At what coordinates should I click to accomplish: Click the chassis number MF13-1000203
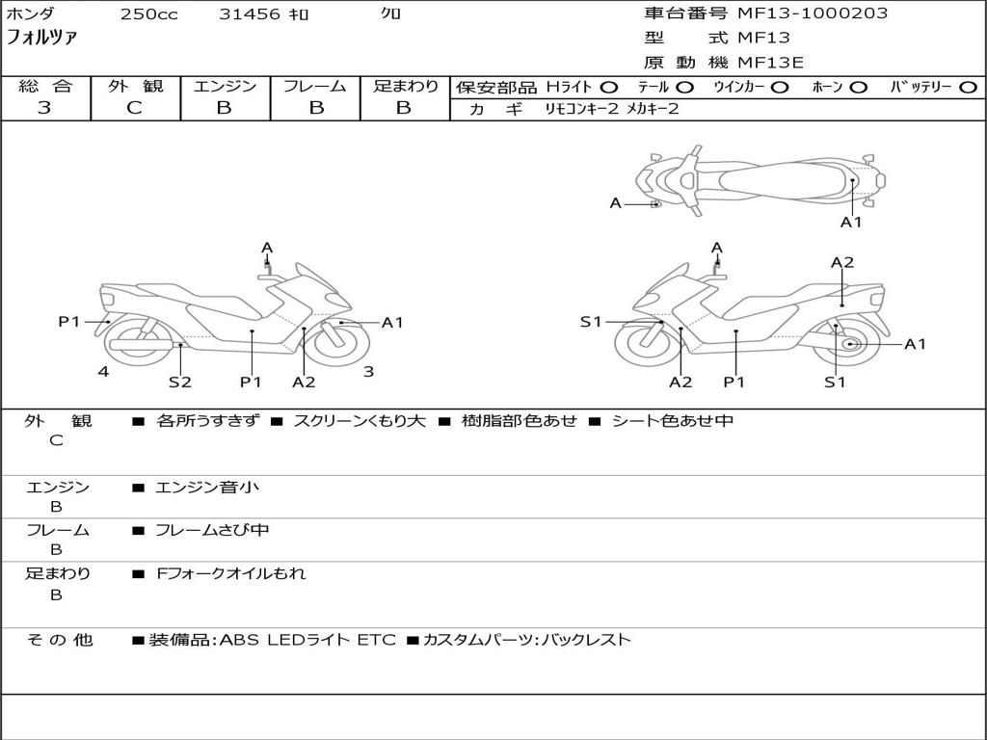tap(812, 13)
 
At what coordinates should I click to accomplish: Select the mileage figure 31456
tap(250, 14)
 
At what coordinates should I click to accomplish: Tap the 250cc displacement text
tap(149, 14)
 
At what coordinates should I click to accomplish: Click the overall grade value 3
tap(44, 108)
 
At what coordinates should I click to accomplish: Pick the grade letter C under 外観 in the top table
tap(134, 108)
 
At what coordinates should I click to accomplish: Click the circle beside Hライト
tap(609, 88)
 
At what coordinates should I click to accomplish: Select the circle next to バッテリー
tap(968, 88)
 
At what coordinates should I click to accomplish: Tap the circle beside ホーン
tap(858, 88)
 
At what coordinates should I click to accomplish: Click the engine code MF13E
tap(770, 63)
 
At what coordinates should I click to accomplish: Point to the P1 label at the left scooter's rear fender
tap(69, 322)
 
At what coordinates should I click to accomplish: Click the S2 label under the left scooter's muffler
tap(180, 382)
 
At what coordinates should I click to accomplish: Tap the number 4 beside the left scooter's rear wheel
tap(103, 371)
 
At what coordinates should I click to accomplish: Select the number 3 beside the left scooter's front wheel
tap(369, 371)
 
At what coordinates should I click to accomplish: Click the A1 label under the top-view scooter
tap(851, 222)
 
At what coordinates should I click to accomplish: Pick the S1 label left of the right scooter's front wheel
tap(591, 322)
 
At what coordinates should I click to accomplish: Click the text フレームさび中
tap(212, 530)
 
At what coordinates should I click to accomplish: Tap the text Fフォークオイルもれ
tap(231, 573)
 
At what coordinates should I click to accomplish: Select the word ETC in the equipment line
tap(377, 640)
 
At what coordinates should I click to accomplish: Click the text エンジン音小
tap(207, 487)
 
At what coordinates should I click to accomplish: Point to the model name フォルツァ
tap(41, 38)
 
